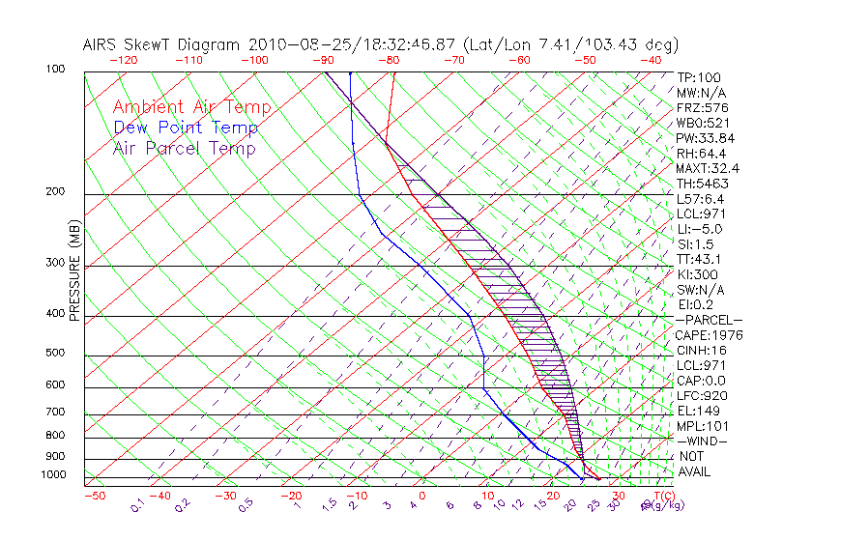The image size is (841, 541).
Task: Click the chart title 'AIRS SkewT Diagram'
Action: click(x=163, y=44)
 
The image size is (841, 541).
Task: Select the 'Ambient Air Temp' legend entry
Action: click(x=191, y=107)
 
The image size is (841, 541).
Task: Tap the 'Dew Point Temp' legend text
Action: click(x=186, y=128)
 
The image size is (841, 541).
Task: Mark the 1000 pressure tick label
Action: click(x=54, y=475)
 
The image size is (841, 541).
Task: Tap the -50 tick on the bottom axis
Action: click(x=94, y=496)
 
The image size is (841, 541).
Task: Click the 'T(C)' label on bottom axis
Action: click(x=665, y=496)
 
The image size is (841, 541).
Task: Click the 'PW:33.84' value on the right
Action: click(x=706, y=138)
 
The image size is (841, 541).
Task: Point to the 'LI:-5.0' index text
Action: click(x=699, y=229)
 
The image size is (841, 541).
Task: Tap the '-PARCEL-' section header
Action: click(x=709, y=320)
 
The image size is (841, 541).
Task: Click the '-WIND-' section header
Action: click(x=702, y=441)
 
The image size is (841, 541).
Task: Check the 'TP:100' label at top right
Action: click(x=698, y=77)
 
